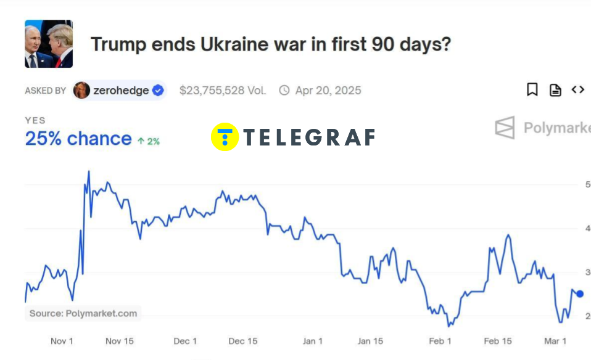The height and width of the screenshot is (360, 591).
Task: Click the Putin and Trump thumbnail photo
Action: point(49,44)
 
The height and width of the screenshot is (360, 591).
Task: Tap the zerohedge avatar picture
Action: point(81,90)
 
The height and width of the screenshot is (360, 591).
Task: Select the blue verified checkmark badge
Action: point(158,90)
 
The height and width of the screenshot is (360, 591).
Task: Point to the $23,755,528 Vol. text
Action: point(223,91)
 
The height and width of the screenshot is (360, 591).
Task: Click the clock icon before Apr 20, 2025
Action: point(284,91)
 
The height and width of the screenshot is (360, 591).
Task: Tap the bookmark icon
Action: point(532,90)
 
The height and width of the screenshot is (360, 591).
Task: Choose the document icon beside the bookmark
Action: point(555,90)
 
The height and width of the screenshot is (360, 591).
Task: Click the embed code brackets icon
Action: point(577,90)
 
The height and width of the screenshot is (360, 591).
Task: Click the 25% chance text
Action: point(78,139)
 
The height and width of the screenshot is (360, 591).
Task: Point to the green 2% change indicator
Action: point(149,141)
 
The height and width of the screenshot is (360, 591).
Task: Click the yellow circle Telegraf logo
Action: point(225,137)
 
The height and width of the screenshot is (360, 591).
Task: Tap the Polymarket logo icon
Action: point(505,128)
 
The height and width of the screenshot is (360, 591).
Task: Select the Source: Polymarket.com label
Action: point(83,313)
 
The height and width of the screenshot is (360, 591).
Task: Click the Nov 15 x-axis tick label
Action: point(120,341)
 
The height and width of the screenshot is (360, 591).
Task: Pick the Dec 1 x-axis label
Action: point(185,341)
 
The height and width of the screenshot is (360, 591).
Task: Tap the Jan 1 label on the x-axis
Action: point(313,341)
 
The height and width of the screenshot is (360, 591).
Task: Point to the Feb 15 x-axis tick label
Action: point(498,341)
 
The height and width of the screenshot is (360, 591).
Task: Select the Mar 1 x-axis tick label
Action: point(555,341)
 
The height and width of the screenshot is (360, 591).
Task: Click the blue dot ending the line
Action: point(579,293)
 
